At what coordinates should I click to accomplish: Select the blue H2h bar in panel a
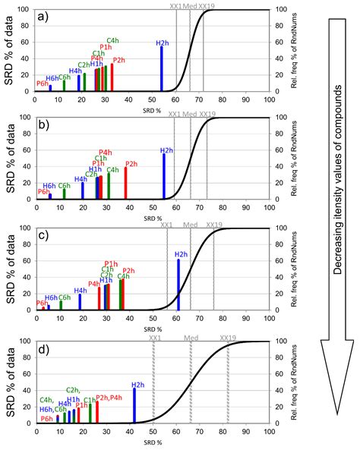tap(162, 70)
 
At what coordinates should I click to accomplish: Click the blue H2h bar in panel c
tap(178, 285)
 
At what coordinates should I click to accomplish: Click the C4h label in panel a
tap(112, 40)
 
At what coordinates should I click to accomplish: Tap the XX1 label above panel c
tap(167, 225)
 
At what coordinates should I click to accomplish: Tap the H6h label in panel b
tap(49, 185)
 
